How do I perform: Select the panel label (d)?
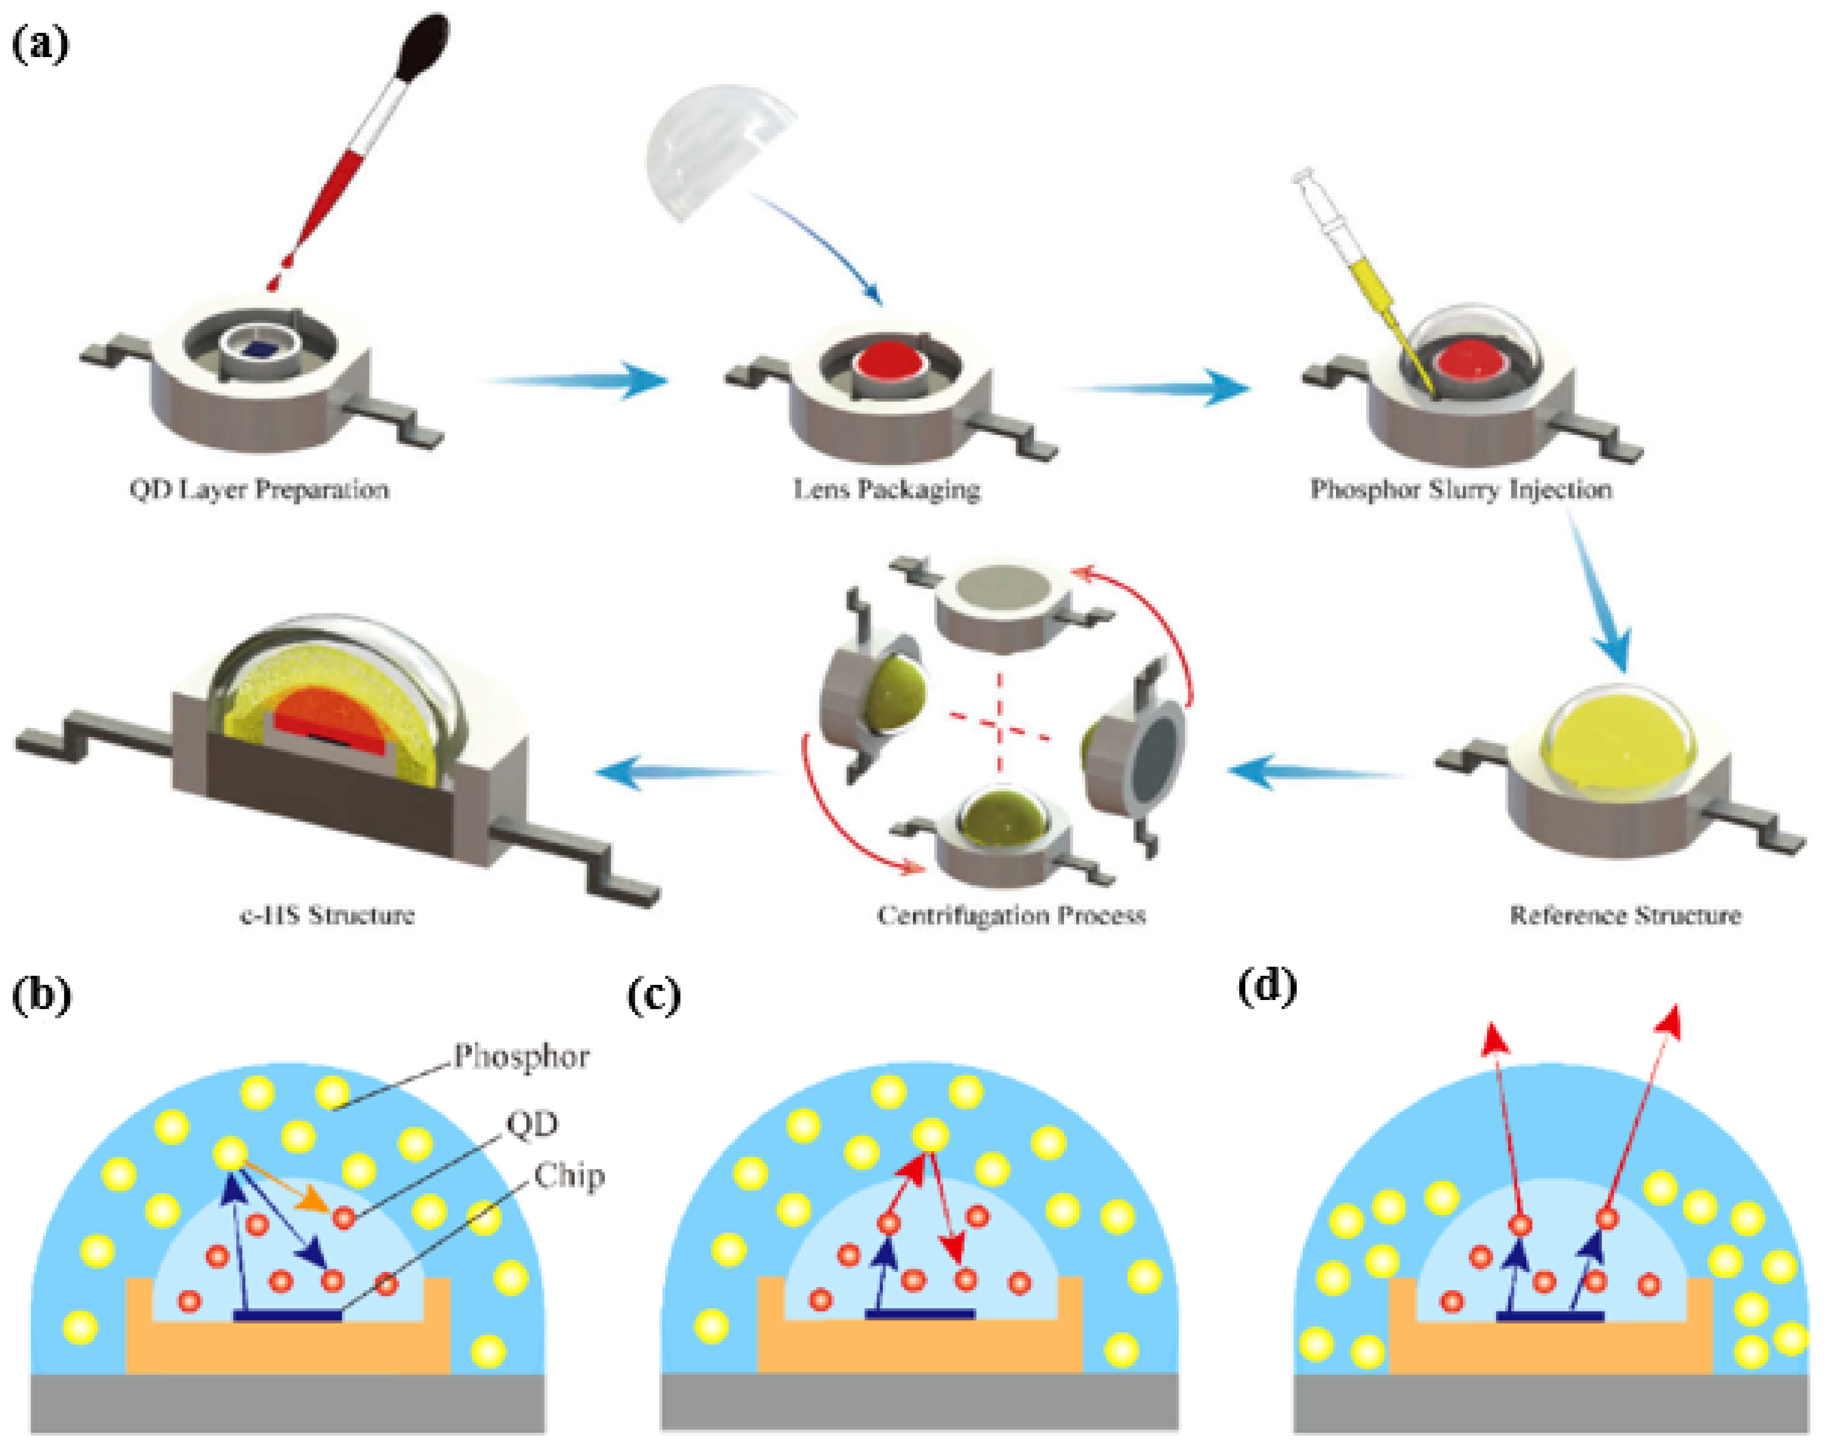1267,987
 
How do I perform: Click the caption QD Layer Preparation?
259,489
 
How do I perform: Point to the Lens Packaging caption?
886,489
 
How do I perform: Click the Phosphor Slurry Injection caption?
1461,489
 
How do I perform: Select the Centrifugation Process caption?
1011,915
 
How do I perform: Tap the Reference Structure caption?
1625,915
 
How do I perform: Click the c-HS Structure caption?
327,915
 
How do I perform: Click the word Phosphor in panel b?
520,1057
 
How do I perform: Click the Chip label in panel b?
569,1176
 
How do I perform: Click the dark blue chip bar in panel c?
920,1314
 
